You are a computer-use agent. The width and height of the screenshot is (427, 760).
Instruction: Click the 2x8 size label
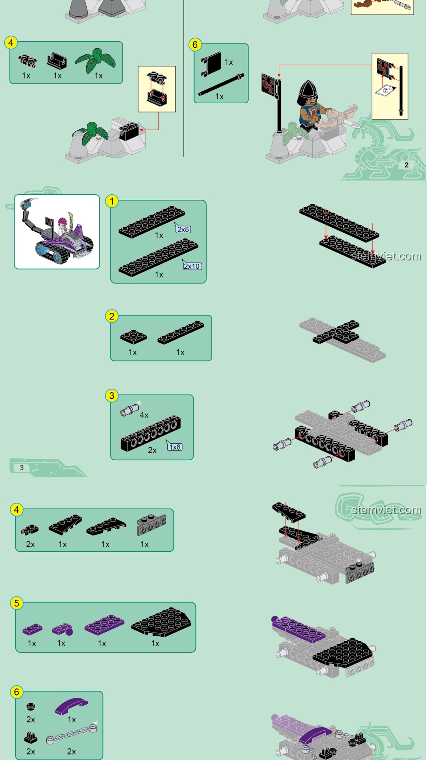(x=183, y=229)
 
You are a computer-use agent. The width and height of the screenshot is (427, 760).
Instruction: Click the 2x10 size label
(x=192, y=266)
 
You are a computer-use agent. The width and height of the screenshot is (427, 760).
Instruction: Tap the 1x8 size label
(x=175, y=447)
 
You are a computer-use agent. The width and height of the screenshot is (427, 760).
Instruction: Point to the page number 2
(x=406, y=165)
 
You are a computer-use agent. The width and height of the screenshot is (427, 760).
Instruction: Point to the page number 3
(x=22, y=467)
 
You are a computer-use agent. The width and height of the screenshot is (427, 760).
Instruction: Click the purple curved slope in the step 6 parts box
(x=72, y=706)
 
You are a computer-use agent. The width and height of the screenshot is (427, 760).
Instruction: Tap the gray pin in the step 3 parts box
(x=130, y=410)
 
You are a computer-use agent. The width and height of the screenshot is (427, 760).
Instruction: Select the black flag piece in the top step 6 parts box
(x=211, y=64)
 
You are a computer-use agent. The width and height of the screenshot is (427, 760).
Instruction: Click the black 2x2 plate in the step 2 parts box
(x=133, y=337)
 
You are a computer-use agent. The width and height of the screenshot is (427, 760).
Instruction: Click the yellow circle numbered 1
(x=112, y=201)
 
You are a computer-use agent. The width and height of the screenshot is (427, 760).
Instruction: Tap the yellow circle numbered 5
(x=17, y=603)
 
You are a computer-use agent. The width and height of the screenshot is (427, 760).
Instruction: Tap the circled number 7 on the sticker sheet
(x=385, y=91)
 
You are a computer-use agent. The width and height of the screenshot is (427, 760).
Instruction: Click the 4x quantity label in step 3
(x=144, y=415)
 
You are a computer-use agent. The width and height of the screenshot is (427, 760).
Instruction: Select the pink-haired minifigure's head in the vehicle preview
(x=62, y=222)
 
